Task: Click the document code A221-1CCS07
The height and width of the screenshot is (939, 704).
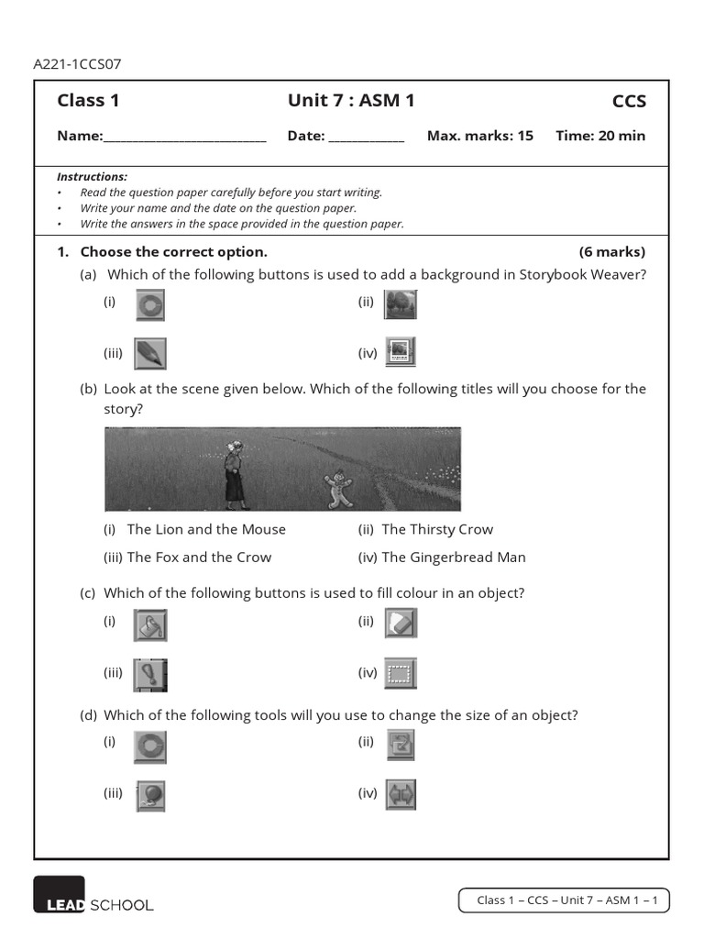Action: click(77, 64)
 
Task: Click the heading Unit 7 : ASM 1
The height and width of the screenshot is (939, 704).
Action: click(351, 101)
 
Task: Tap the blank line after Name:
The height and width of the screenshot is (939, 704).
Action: click(184, 138)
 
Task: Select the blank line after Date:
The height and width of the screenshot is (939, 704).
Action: click(366, 138)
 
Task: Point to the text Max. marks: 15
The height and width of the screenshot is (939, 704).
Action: click(479, 136)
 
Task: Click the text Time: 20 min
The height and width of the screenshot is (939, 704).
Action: click(599, 136)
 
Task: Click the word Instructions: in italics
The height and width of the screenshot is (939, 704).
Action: click(92, 176)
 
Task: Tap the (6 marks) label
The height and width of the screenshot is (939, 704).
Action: click(611, 251)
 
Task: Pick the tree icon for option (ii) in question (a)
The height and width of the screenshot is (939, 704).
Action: click(401, 304)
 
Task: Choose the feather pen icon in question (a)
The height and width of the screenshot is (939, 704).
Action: click(149, 353)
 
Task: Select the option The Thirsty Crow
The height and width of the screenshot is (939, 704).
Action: click(436, 529)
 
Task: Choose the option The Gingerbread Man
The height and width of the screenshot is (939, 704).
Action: click(453, 557)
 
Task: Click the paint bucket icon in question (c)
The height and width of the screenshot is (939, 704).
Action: click(149, 625)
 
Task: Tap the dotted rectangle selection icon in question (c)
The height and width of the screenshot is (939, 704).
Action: click(400, 674)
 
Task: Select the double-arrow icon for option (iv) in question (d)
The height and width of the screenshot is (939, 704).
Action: click(401, 794)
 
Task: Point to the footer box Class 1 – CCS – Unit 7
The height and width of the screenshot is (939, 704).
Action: click(564, 900)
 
